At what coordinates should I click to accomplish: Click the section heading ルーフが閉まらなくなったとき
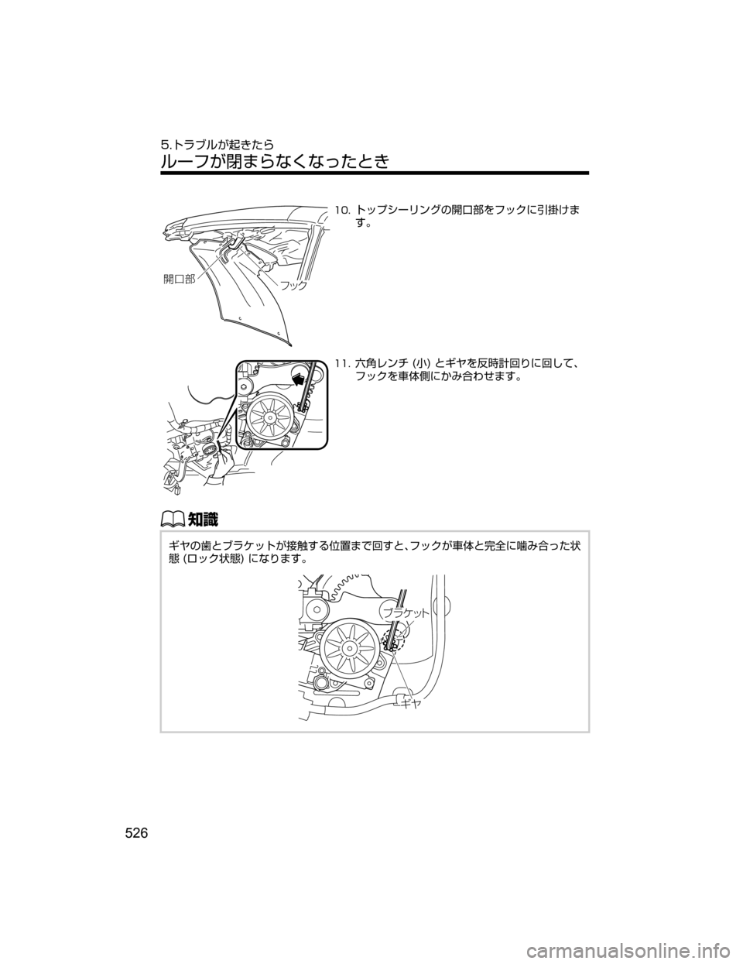(275, 160)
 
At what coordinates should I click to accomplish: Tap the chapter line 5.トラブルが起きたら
(217, 144)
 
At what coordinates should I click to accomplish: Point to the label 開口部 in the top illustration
(179, 279)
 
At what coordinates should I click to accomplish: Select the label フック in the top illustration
(293, 286)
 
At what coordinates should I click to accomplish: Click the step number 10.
(342, 209)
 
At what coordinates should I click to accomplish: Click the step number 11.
(342, 364)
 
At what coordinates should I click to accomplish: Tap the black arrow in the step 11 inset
(300, 379)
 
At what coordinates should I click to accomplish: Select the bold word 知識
(203, 519)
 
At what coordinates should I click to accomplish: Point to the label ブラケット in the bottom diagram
(406, 613)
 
